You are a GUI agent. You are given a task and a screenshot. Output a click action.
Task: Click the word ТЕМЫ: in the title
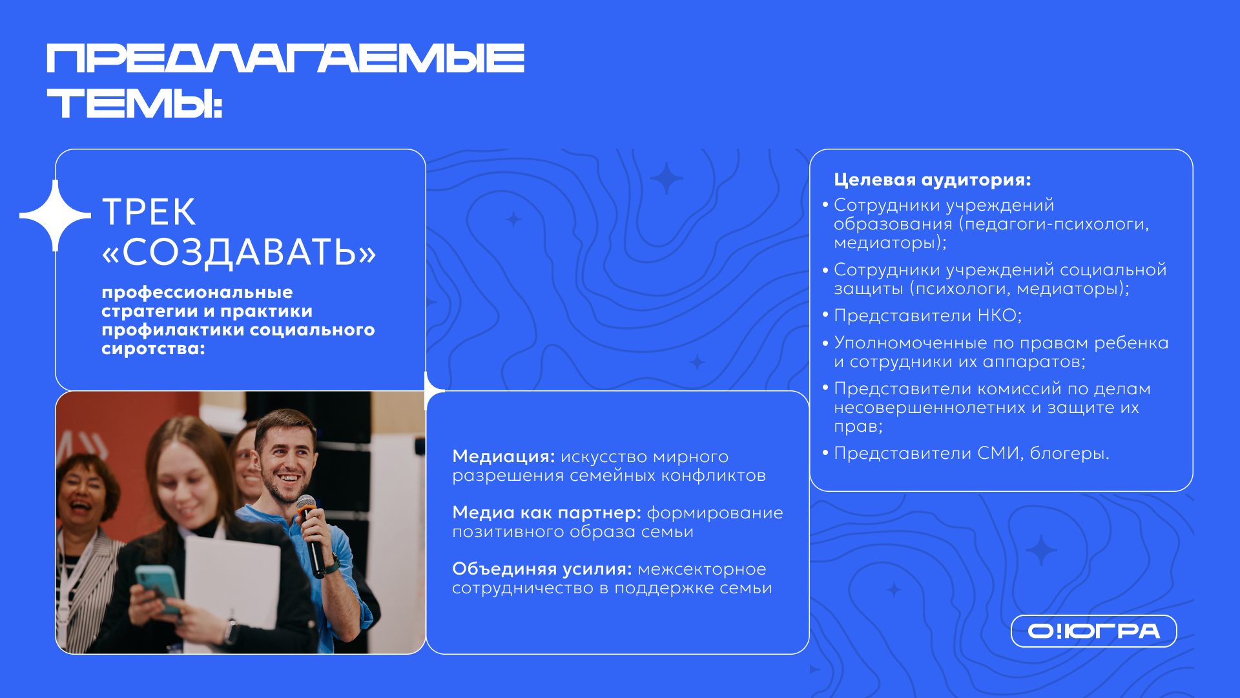click(135, 104)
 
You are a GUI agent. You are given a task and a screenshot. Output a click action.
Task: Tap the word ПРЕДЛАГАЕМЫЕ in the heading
click(285, 58)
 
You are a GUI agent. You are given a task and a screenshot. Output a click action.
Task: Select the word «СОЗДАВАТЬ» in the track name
click(239, 251)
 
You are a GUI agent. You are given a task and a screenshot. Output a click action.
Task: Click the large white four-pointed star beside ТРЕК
click(56, 215)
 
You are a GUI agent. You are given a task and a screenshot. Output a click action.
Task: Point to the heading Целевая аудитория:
click(932, 180)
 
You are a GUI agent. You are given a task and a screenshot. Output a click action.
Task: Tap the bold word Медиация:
click(503, 456)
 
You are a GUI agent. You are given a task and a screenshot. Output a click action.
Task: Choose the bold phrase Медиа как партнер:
click(546, 513)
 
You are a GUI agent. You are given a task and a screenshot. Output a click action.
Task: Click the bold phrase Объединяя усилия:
click(542, 569)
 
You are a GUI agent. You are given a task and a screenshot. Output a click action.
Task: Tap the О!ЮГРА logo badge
click(1093, 631)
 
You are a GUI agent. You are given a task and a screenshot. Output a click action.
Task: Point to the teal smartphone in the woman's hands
click(159, 589)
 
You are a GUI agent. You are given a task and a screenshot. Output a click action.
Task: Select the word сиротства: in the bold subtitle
click(153, 349)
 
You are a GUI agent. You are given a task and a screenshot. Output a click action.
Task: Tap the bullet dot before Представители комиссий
click(825, 387)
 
